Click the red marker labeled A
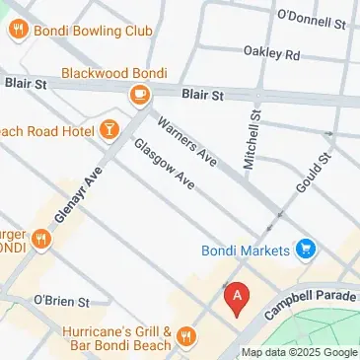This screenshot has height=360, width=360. [236, 298]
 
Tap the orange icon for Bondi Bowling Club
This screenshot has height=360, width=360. [17, 31]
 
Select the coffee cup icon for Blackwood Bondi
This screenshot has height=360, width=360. [139, 94]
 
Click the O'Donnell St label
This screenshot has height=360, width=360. [314, 18]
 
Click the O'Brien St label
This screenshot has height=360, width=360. [61, 299]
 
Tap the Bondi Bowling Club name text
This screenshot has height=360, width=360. [94, 31]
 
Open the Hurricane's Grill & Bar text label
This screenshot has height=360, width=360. [117, 339]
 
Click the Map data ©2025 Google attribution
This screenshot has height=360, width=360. [300, 353]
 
